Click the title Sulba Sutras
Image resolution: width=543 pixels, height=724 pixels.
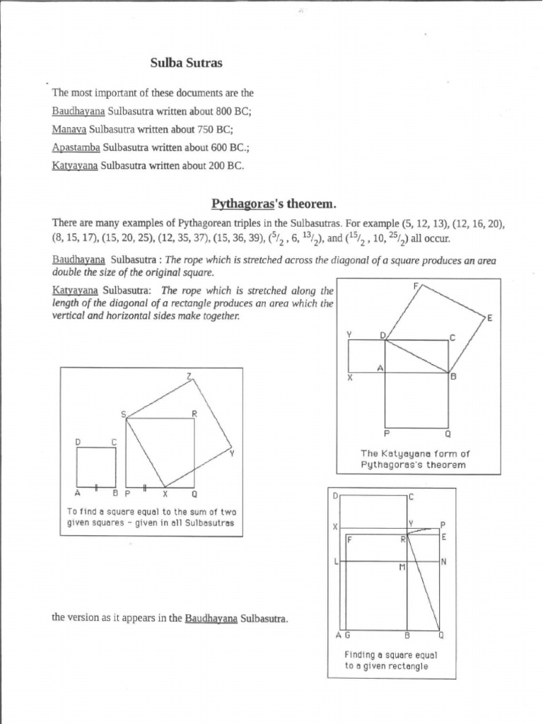[x=186, y=64]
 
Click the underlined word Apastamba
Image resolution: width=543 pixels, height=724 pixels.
[x=76, y=148]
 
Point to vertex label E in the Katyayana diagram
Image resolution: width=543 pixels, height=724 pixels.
[x=489, y=319]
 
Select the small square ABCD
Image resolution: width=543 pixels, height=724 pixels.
[x=96, y=467]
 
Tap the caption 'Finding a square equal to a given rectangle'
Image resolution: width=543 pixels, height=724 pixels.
[x=386, y=660]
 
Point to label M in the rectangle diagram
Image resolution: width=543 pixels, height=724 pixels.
[x=400, y=568]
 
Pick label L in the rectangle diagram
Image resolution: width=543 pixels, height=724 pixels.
[x=336, y=561]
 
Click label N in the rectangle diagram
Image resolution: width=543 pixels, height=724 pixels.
[x=443, y=562]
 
